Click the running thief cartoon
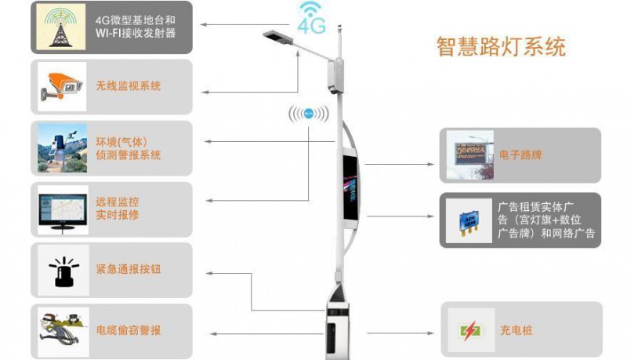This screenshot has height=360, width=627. click(62, 330)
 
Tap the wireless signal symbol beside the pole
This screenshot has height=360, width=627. click(310, 115)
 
